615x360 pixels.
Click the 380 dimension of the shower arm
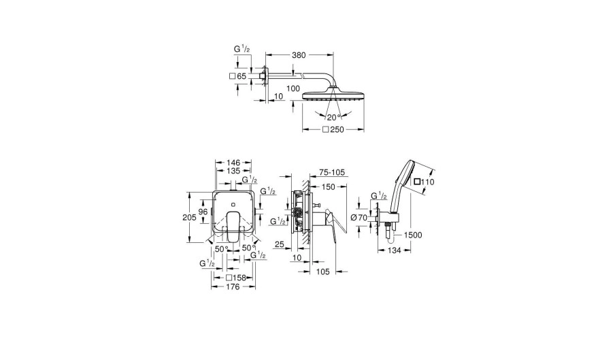(x=299, y=55)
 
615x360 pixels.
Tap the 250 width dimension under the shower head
(x=337, y=130)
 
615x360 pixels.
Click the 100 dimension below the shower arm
(x=293, y=88)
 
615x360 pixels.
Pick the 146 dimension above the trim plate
(x=233, y=163)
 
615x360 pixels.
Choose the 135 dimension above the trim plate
(x=233, y=171)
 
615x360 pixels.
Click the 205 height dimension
(x=189, y=217)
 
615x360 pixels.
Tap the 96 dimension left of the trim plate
(x=203, y=212)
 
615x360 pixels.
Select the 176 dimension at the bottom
(x=233, y=287)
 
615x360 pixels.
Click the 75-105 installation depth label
(x=331, y=173)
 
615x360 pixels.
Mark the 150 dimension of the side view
(x=329, y=187)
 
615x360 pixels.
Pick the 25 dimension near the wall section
(x=279, y=245)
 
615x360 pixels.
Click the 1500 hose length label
(x=413, y=235)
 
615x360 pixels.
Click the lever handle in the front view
(x=233, y=227)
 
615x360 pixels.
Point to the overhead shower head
(x=333, y=97)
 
